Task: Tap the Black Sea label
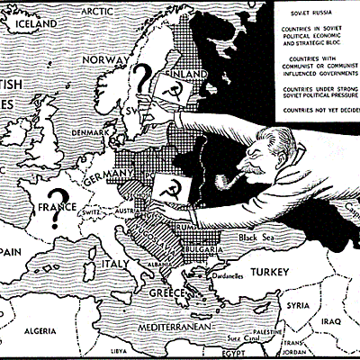256,237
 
